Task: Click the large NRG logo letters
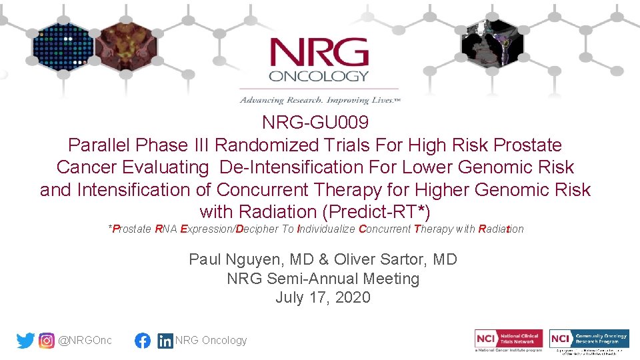319,53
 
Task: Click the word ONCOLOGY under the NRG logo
319,76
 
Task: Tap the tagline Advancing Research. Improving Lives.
319,100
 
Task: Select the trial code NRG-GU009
315,123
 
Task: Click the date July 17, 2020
323,297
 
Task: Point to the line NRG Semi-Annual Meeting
323,278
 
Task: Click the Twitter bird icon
25,341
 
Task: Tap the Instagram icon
47,341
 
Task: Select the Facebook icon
143,341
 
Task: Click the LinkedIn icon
165,341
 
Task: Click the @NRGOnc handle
85,341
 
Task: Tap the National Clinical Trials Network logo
509,339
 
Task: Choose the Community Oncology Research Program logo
589,339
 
